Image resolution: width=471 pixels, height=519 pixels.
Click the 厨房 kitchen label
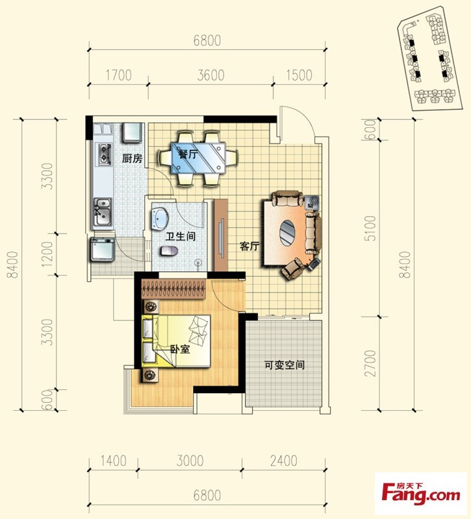(x=132, y=158)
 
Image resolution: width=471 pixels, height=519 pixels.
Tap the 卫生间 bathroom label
(x=181, y=236)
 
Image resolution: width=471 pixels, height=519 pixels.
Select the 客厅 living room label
(x=249, y=247)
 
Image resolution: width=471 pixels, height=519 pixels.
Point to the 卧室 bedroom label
(x=180, y=349)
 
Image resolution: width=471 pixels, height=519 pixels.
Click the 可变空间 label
(x=285, y=365)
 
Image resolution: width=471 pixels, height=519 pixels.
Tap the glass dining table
(x=199, y=158)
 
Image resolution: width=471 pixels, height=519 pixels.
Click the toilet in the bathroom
(x=169, y=251)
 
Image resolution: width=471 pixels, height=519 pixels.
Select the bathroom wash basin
(x=160, y=219)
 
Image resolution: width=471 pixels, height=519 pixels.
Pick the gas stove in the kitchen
(x=104, y=154)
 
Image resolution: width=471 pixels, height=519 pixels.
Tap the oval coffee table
(x=287, y=233)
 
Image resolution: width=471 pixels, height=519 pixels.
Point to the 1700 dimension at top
(x=118, y=75)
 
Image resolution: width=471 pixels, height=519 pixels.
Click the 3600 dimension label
(x=210, y=75)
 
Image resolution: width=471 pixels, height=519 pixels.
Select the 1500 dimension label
(x=299, y=75)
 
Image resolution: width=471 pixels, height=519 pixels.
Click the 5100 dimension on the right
(x=370, y=228)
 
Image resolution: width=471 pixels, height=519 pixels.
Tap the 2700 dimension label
(x=370, y=363)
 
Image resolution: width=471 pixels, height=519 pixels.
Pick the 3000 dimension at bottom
(x=190, y=461)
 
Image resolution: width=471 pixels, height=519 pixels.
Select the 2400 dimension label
(x=283, y=461)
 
